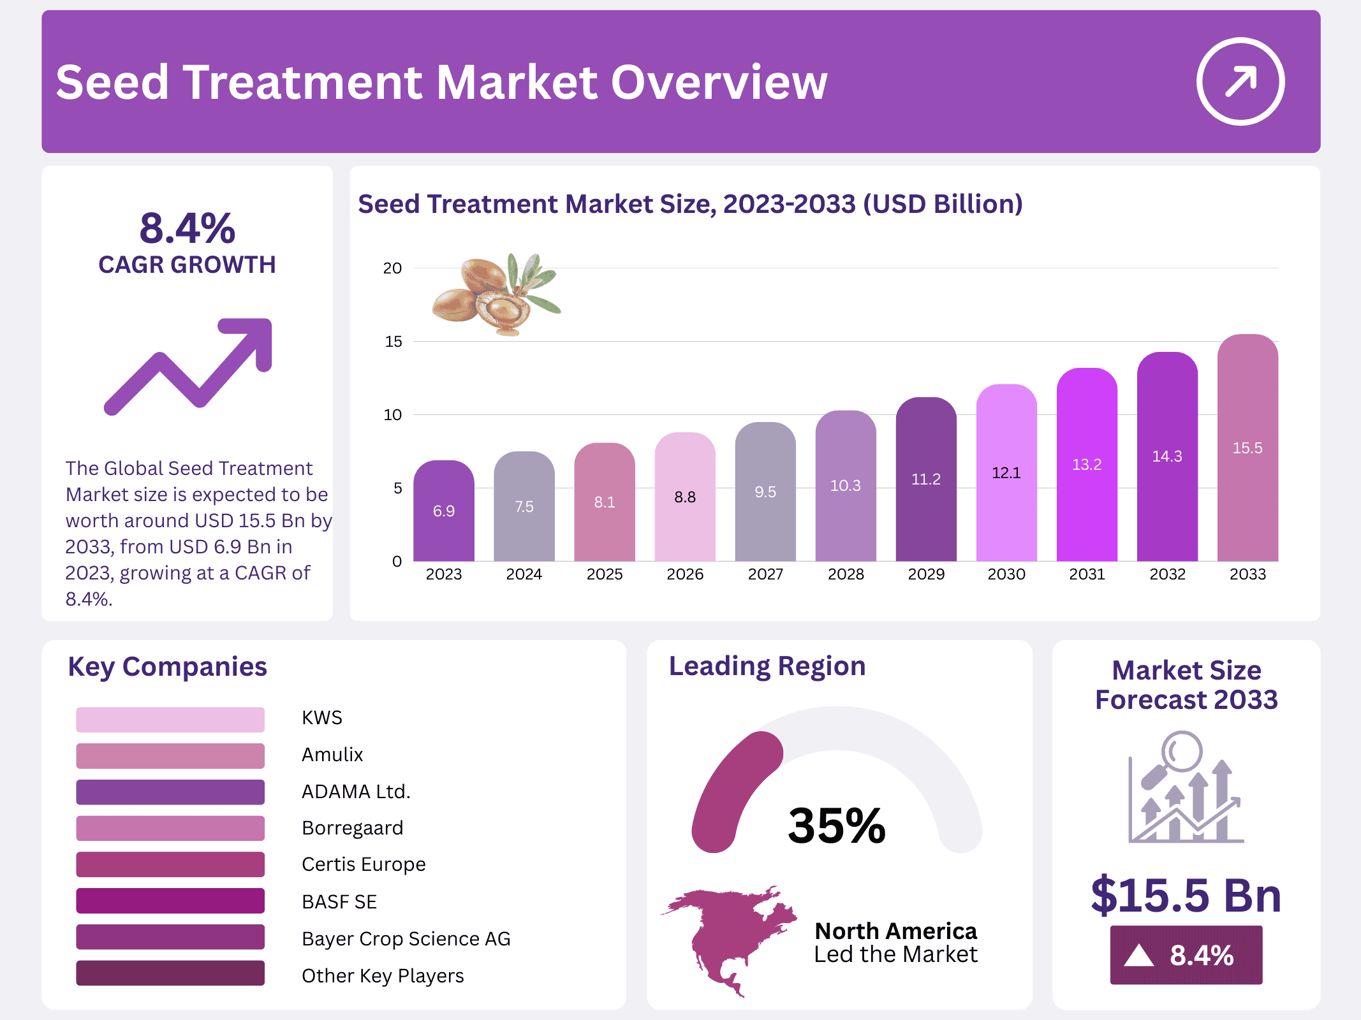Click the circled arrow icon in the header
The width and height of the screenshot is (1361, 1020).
click(x=1240, y=82)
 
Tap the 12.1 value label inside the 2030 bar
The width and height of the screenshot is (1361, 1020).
click(x=1006, y=473)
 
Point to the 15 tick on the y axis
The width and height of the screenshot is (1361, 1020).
click(x=394, y=342)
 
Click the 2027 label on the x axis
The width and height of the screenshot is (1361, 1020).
click(x=765, y=574)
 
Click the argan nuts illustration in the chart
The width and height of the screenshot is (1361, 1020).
click(x=494, y=295)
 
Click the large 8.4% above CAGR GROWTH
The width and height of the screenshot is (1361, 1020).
click(x=188, y=228)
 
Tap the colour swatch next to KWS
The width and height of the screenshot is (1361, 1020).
click(x=170, y=719)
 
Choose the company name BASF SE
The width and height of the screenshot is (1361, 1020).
click(x=339, y=901)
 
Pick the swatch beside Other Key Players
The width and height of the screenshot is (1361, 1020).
click(x=170, y=973)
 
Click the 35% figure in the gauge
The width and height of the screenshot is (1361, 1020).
click(x=836, y=826)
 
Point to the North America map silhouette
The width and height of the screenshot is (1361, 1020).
click(x=727, y=937)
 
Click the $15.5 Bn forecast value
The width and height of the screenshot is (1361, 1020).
click(x=1186, y=895)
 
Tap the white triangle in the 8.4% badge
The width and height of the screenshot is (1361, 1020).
click(x=1138, y=956)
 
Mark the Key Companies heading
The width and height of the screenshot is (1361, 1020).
click(x=167, y=667)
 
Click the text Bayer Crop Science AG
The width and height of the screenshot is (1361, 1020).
click(x=406, y=938)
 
